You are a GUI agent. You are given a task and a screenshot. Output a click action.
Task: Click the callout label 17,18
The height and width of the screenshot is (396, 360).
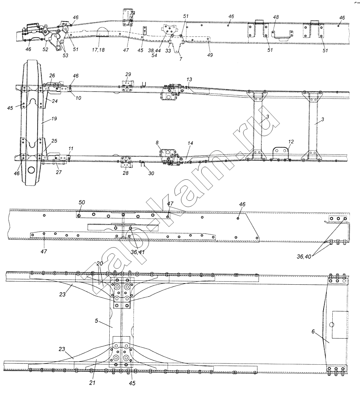click(98, 50)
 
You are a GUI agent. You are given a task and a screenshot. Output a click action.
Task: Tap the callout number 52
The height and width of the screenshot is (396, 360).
click(45, 49)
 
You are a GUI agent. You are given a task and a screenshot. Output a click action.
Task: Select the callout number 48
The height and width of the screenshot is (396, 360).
click(276, 17)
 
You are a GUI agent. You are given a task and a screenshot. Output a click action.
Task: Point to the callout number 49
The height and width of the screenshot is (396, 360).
click(210, 55)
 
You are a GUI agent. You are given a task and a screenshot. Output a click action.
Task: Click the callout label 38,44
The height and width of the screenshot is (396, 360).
click(154, 50)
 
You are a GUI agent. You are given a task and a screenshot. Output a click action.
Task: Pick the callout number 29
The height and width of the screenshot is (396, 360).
click(128, 74)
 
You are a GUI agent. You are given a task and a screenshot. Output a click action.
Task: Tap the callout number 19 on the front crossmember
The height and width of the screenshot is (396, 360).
click(54, 118)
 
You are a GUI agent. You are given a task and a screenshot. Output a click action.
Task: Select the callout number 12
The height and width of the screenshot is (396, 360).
click(291, 141)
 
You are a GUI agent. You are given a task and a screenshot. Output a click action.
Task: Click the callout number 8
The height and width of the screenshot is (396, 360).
click(157, 143)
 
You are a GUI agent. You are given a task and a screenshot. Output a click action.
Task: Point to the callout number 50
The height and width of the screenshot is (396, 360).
click(82, 202)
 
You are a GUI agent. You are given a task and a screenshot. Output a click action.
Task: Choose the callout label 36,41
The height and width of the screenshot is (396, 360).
click(138, 252)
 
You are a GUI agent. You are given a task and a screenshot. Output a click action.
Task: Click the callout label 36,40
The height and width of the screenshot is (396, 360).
click(304, 257)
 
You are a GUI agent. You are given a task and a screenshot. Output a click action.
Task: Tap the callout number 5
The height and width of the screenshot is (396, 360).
click(97, 320)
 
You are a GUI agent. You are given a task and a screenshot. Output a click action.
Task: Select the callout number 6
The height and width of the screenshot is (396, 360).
click(313, 331)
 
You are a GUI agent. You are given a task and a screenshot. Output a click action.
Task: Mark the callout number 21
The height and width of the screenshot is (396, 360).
click(92, 383)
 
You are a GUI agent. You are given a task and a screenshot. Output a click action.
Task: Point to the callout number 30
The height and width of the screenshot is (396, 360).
click(151, 173)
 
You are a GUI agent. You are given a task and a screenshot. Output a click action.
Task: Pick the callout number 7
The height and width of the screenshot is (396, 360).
click(181, 59)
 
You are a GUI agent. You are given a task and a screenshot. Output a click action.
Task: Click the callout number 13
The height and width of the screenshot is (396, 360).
click(189, 79)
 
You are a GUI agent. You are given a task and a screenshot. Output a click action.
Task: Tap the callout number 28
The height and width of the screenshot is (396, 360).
click(126, 173)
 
